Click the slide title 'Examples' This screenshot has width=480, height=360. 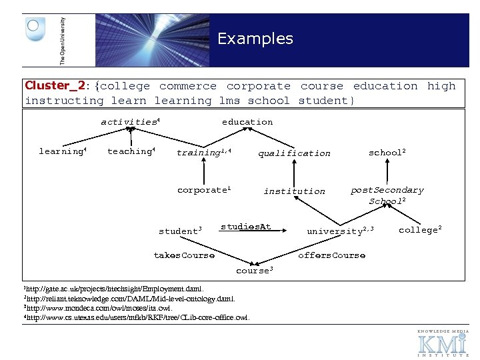coord(255,39)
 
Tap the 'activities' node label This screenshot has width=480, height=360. coord(129,122)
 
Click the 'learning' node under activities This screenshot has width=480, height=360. coord(62,151)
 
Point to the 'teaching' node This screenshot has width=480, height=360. coord(131,151)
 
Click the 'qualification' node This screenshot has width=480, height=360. coord(294,153)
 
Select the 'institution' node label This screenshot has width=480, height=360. coord(294,191)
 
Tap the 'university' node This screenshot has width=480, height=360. coord(339,231)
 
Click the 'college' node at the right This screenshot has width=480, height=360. coord(419,230)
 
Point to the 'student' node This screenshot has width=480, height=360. coord(179,231)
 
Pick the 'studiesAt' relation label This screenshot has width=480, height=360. coord(245,227)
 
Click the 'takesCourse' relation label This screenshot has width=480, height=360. coord(184,255)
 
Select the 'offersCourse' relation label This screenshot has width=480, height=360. coord(331,255)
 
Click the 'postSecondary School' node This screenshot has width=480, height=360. coord(387,195)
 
